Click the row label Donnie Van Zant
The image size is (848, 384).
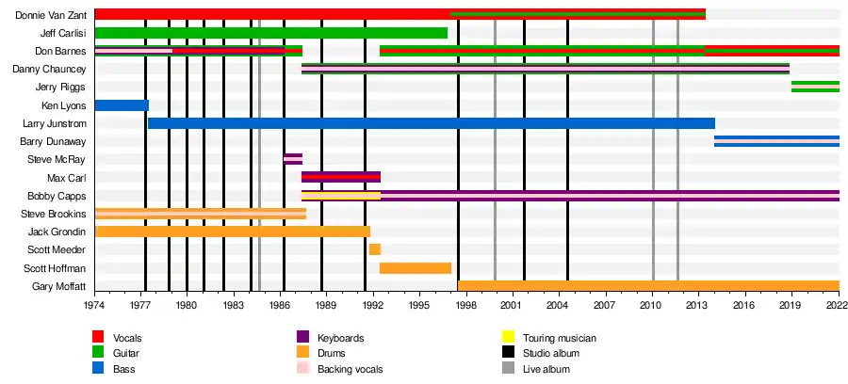pos(53,15)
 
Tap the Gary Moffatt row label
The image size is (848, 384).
pos(59,286)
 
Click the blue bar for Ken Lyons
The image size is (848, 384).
pos(122,105)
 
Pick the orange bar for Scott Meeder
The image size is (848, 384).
pos(374,249)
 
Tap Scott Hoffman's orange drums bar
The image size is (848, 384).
pos(415,268)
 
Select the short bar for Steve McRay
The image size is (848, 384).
pos(292,159)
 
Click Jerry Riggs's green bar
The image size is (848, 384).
pos(815,88)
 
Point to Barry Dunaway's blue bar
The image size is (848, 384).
pos(776,141)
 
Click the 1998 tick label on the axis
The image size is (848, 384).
pos(465,306)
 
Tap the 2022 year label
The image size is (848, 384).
pos(838,306)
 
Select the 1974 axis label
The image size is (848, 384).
pos(94,306)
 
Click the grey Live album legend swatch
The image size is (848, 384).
pos(507,369)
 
